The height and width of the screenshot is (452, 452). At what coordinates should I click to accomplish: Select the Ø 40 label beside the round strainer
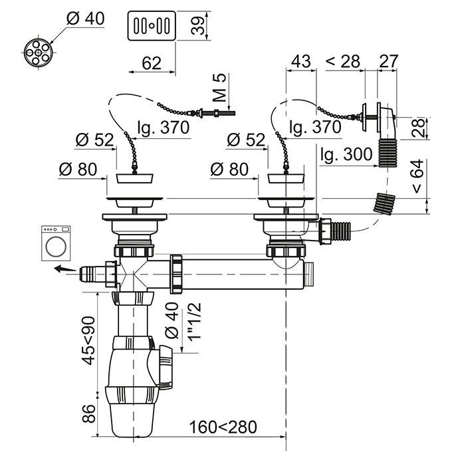(86, 19)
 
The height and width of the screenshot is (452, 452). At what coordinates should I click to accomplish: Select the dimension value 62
(152, 63)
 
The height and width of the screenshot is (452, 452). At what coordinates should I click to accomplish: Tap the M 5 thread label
(221, 86)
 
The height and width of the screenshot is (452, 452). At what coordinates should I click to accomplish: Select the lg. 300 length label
(346, 155)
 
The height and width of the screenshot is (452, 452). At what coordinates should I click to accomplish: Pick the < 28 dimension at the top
(342, 61)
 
